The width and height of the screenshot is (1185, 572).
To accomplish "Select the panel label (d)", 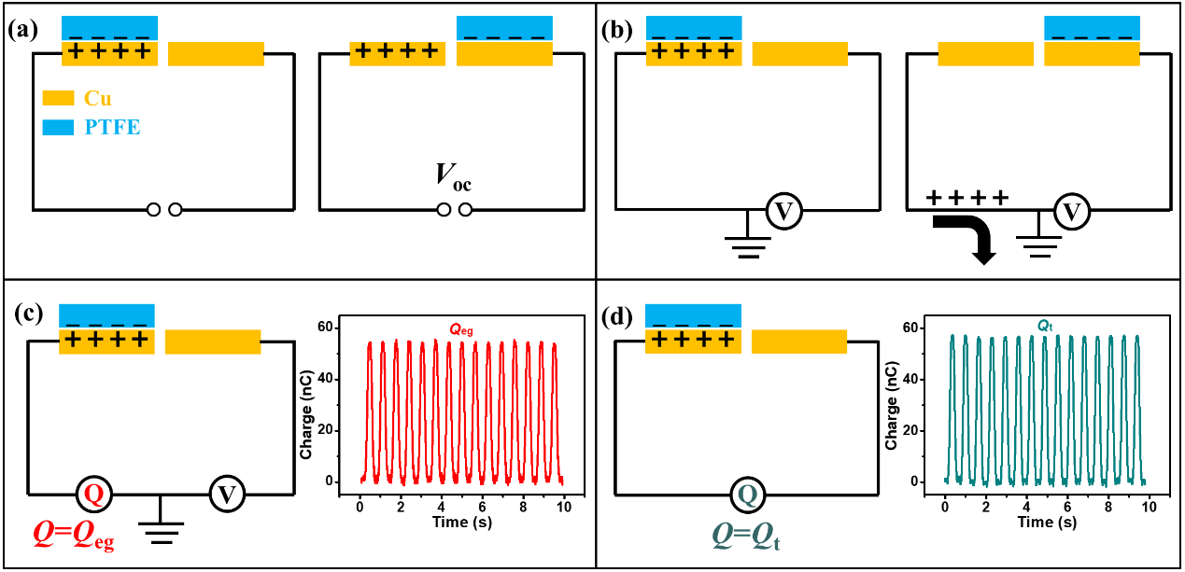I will coord(619,315).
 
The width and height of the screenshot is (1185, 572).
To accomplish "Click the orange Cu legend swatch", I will coord(58,98).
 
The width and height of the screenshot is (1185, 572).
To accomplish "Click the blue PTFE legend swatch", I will coord(58,127).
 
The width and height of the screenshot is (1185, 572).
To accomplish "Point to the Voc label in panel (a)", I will coord(453,176).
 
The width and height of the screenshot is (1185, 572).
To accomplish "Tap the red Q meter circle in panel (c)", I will coord(93,494).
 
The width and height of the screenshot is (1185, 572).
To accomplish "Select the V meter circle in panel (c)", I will coord(225,494).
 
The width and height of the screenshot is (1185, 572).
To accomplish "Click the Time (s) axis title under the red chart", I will coord(461,523).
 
